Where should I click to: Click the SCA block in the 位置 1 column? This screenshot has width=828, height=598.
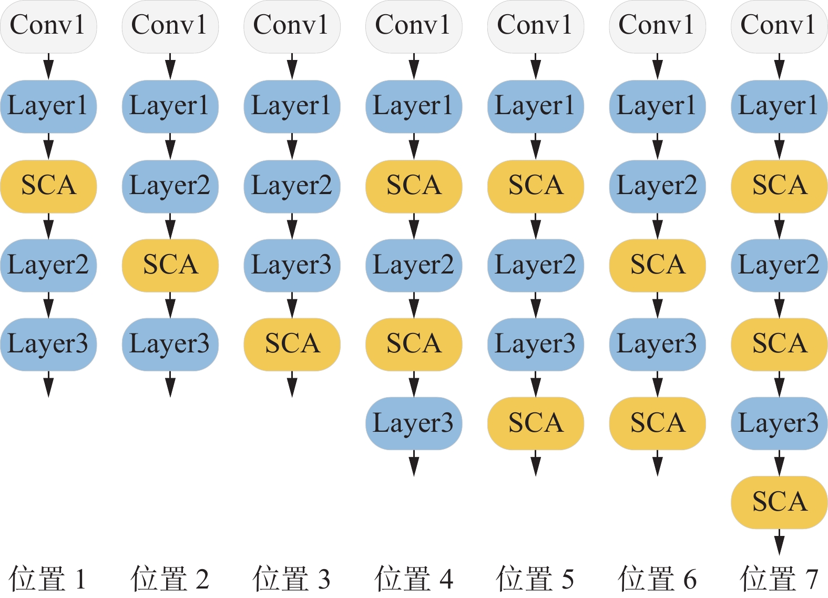click(x=48, y=186)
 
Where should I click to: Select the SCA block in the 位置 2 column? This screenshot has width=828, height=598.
click(x=170, y=265)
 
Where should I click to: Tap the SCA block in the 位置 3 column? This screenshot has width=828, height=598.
click(x=292, y=344)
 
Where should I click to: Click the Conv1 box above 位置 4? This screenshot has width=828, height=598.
click(x=414, y=26)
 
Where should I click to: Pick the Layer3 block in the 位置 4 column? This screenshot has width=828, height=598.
click(x=414, y=423)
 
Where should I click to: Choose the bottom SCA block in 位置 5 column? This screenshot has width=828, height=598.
click(x=536, y=423)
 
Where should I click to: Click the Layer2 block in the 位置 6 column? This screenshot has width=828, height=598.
click(x=657, y=186)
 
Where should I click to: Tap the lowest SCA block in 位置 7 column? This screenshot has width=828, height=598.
click(x=779, y=502)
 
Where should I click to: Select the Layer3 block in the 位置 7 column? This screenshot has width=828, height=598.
click(x=779, y=423)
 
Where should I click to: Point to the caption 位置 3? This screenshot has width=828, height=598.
click(x=292, y=579)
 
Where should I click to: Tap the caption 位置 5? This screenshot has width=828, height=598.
click(x=535, y=579)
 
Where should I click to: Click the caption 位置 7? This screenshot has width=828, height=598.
click(x=779, y=579)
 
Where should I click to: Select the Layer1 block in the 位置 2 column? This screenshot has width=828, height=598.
click(x=170, y=106)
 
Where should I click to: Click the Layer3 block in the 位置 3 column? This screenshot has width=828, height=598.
click(x=292, y=265)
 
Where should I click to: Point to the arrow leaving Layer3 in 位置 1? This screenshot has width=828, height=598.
click(x=48, y=384)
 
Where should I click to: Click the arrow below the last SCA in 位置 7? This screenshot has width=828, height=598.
click(x=779, y=542)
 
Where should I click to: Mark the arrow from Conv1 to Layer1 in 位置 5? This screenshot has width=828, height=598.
click(x=536, y=66)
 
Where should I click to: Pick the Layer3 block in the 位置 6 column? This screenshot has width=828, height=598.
click(x=657, y=344)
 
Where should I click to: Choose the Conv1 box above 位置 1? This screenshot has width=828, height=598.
click(x=48, y=26)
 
